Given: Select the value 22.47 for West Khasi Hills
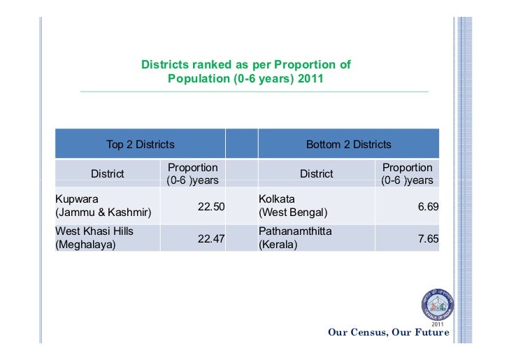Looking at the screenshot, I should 211,238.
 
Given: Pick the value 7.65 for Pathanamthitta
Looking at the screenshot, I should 427,238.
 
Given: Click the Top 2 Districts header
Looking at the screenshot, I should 140,145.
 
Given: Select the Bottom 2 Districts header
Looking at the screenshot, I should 349,145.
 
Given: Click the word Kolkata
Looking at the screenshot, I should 277,199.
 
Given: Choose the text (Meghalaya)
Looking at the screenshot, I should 85,245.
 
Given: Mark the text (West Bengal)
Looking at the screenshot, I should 293,212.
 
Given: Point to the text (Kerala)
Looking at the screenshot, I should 278,245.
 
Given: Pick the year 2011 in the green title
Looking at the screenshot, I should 310,78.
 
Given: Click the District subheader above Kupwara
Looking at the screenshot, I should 107,174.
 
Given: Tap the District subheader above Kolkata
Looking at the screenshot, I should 316,174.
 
